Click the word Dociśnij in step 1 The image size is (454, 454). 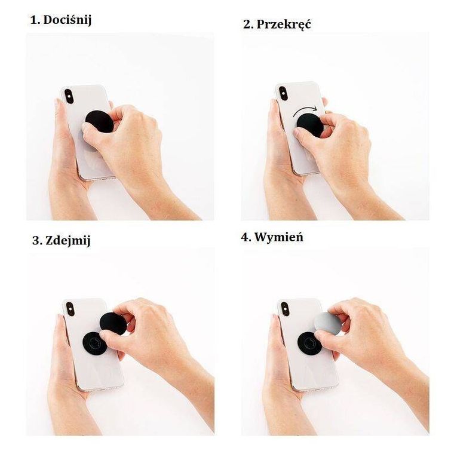pyautogui.click(x=67, y=20)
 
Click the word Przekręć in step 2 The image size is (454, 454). pyautogui.click(x=284, y=24)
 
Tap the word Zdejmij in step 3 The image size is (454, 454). pyautogui.click(x=68, y=241)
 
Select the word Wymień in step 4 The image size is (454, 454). pyautogui.click(x=279, y=237)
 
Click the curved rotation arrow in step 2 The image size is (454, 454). pyautogui.click(x=305, y=110)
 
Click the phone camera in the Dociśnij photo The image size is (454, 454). pyautogui.click(x=69, y=96)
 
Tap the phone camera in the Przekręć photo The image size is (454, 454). pyautogui.click(x=283, y=93)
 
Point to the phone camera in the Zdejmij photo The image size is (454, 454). pyautogui.click(x=70, y=309)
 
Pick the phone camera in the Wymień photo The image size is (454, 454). pyautogui.click(x=285, y=309)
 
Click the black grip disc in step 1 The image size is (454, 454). pyautogui.click(x=99, y=122)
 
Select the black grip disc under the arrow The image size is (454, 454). pyautogui.click(x=310, y=125)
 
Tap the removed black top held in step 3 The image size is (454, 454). pyautogui.click(x=113, y=324)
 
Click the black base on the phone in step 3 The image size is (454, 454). pyautogui.click(x=94, y=343)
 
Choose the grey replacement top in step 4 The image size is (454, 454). pyautogui.click(x=328, y=323)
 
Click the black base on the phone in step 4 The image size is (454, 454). pyautogui.click(x=309, y=343)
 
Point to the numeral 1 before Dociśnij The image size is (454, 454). pyautogui.click(x=33, y=20)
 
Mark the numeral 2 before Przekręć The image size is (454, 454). pyautogui.click(x=247, y=24)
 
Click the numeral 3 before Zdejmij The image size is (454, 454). pyautogui.click(x=36, y=241)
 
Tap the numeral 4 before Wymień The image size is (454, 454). pyautogui.click(x=245, y=237)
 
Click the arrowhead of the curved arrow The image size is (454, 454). pyautogui.click(x=315, y=109)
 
